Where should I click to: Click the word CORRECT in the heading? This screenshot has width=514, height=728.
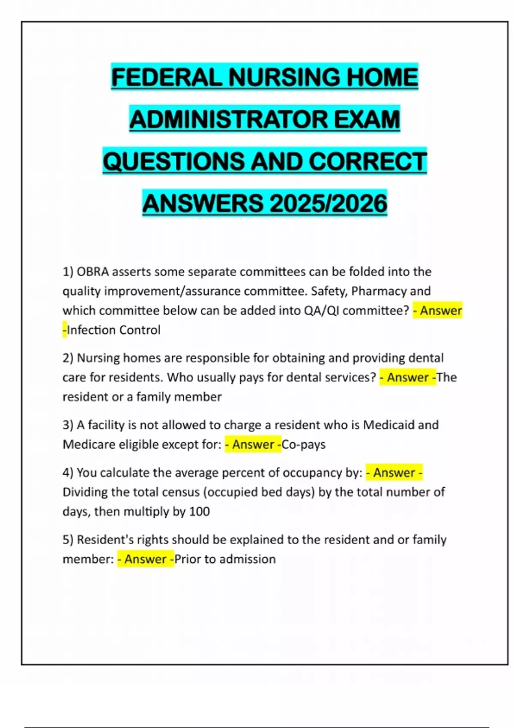tap(368, 161)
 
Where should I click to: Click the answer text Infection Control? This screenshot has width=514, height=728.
tap(114, 330)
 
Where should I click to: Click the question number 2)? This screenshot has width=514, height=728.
tap(68, 358)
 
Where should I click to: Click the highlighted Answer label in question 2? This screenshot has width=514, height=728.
tap(408, 377)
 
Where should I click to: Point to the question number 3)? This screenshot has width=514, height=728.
tap(68, 425)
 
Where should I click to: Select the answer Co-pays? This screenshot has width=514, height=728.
tap(304, 445)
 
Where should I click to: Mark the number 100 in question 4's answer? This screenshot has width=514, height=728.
tap(199, 512)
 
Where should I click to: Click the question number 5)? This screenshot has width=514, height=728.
tap(68, 540)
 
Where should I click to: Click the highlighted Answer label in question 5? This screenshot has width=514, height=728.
tap(146, 559)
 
